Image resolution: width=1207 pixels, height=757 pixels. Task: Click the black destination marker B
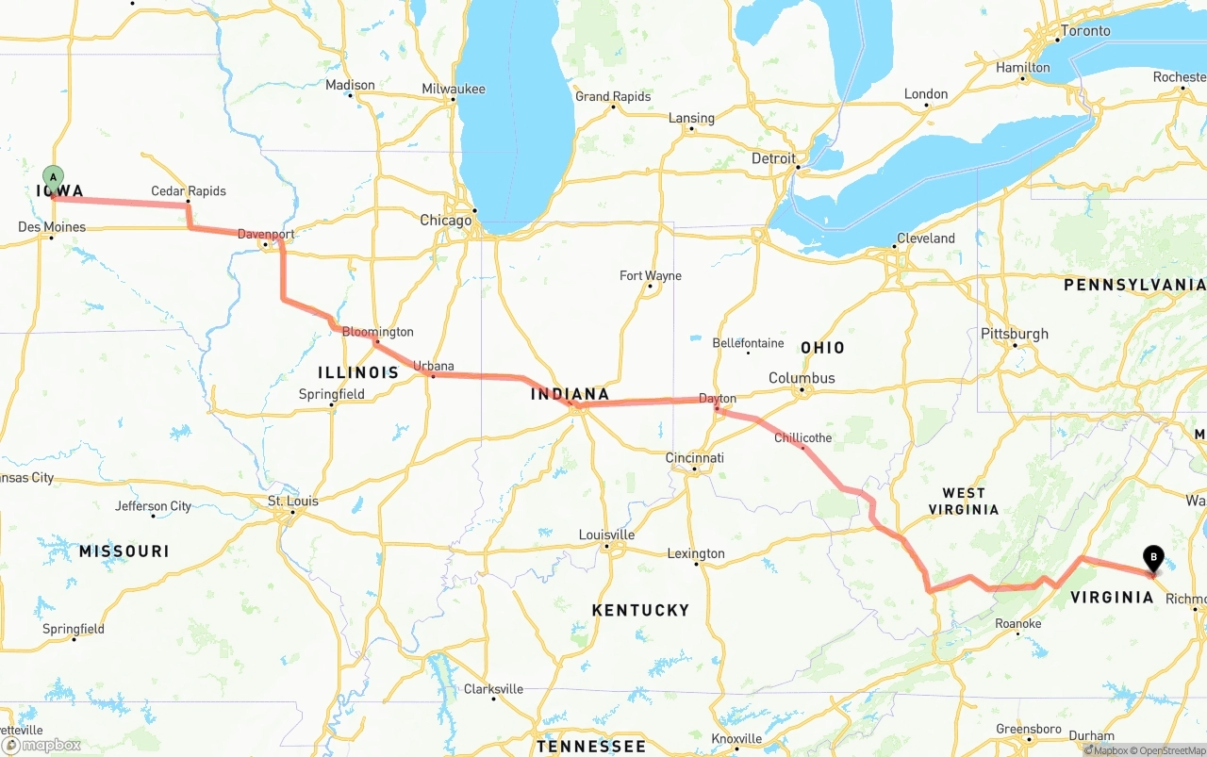point(1152,558)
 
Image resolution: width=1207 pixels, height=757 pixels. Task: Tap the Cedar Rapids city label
point(189,191)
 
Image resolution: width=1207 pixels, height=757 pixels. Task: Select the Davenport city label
point(266,234)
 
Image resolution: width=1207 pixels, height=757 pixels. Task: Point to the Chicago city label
point(446,221)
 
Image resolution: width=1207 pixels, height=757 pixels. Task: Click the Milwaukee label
point(454,90)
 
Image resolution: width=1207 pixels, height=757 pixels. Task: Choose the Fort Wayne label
point(651,276)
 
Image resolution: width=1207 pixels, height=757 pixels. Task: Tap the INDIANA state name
point(570,394)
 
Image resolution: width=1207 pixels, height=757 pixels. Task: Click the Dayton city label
point(717,399)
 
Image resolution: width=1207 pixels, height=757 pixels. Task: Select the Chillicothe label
point(802,438)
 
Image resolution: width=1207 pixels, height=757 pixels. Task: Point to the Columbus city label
point(802,378)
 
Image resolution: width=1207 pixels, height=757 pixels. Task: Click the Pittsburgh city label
point(1015,334)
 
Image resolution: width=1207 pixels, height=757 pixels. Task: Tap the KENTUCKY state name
point(640,610)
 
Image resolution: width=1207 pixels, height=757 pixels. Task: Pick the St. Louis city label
point(293,501)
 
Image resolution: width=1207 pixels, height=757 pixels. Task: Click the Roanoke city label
point(1018,624)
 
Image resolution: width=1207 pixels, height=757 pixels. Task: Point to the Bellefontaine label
point(748,343)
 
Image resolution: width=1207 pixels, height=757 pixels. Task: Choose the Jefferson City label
point(154,506)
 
